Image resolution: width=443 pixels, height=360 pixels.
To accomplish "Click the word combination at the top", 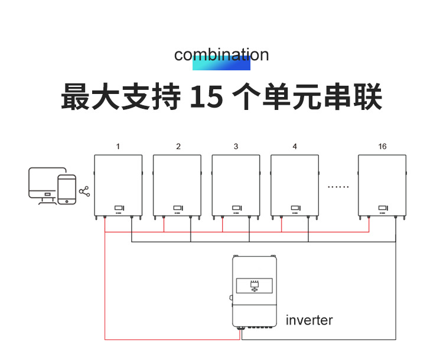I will (221, 54).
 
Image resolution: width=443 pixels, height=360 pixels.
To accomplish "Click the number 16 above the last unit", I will (382, 147).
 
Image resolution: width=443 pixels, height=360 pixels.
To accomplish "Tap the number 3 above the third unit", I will (236, 147).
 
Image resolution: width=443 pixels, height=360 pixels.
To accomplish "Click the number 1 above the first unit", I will (118, 147).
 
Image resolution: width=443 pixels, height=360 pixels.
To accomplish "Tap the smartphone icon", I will (67, 189).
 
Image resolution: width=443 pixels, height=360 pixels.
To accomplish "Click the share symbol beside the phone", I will (84, 192).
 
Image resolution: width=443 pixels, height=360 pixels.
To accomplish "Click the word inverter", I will (309, 320).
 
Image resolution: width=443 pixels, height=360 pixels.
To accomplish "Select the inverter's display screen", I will (255, 287).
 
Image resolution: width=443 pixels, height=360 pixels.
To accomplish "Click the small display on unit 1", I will (119, 207).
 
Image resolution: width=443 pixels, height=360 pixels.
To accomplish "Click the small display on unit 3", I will (236, 207).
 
